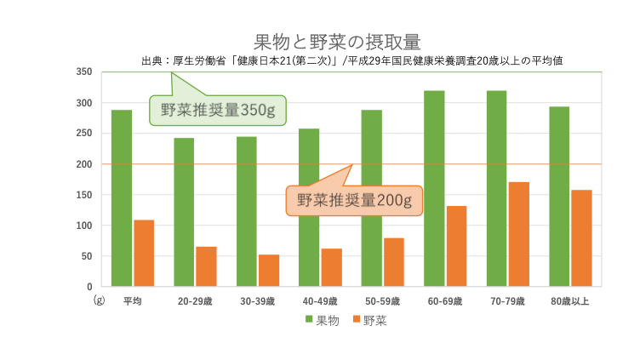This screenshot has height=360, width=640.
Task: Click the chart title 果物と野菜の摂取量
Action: coord(337,42)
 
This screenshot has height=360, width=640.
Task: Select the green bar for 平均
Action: coord(122,197)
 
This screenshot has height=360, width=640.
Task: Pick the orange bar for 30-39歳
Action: coord(269,270)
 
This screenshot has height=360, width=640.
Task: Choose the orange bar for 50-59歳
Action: coord(393,261)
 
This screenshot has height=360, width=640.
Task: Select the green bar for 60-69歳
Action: coord(434,188)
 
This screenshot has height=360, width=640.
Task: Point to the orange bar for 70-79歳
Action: coord(519,234)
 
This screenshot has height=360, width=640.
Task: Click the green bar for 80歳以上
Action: coord(559,196)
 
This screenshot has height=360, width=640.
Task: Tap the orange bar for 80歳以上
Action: coord(581,237)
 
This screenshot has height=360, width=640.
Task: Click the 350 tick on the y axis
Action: coord(83,72)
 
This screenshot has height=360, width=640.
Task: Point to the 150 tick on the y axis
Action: coord(83,195)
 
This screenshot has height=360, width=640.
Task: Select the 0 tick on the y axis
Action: coord(89,287)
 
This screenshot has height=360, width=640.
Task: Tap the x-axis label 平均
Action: coord(132,301)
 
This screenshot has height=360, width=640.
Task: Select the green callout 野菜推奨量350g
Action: coord(218,110)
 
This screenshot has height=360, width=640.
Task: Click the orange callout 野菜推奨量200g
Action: coord(354,201)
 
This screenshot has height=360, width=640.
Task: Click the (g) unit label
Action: coord(99,300)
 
